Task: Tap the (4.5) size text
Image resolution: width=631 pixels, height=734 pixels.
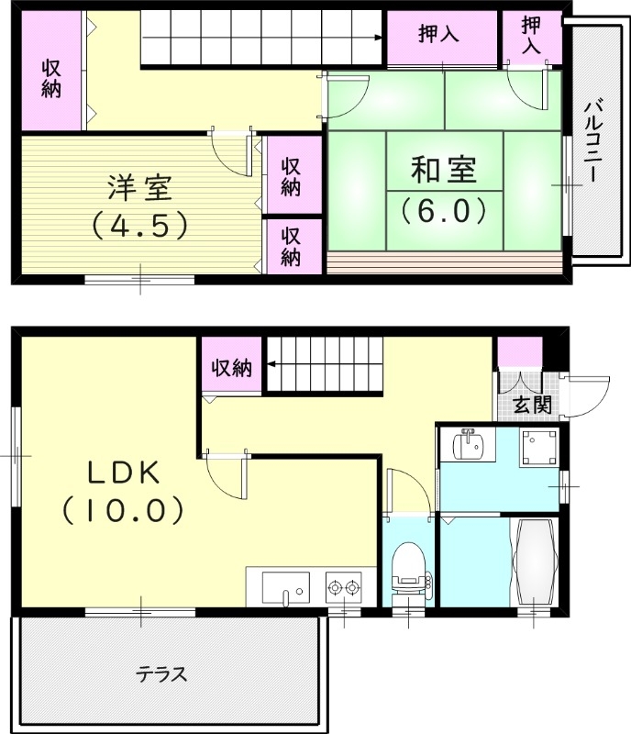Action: [x=139, y=223]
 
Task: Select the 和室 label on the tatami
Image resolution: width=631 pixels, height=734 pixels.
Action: [x=444, y=172]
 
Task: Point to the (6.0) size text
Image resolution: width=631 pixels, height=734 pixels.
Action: [x=444, y=211]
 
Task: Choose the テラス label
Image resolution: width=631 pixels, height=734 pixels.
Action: [x=162, y=675]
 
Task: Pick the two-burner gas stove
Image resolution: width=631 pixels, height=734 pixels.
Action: [x=344, y=586]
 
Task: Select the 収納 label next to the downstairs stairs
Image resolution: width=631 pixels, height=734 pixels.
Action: [x=232, y=368]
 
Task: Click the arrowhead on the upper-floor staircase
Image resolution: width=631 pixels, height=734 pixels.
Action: [x=379, y=38]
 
